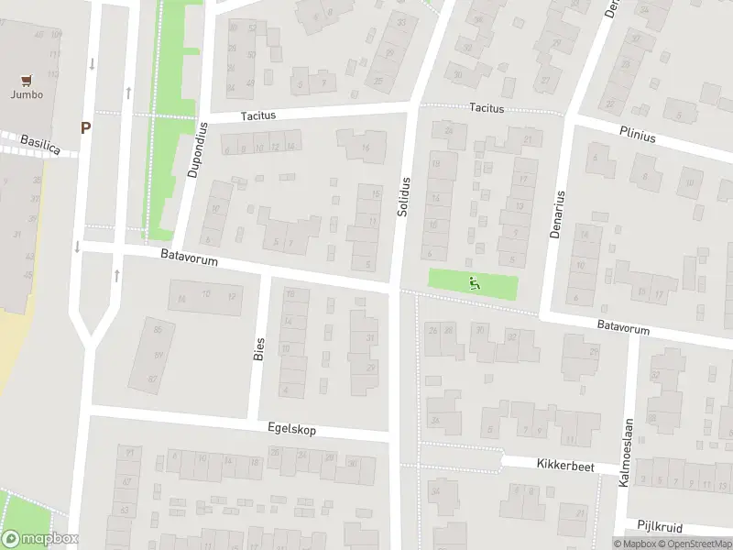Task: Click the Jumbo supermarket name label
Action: tap(27, 93)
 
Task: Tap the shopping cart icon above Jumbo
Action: tap(27, 80)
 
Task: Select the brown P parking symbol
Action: tap(85, 128)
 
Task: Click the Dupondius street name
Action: tap(195, 150)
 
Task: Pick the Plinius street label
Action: tap(637, 136)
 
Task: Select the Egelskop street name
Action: tap(292, 428)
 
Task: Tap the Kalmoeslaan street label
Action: tap(627, 452)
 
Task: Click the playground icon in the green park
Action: tap(474, 283)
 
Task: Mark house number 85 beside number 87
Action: tap(158, 331)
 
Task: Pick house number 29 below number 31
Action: tap(370, 368)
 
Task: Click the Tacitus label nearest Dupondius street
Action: tap(258, 116)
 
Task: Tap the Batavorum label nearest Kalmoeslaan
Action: tap(623, 327)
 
